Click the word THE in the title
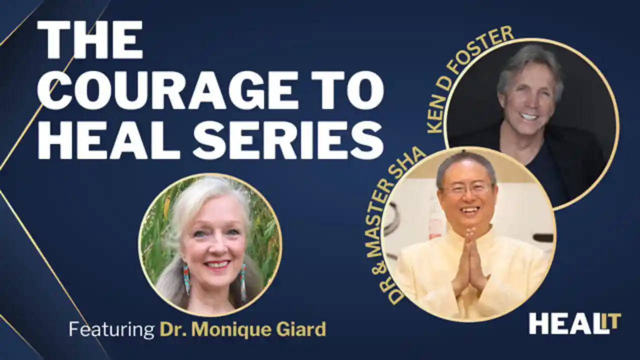[90, 40]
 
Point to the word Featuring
[111, 329]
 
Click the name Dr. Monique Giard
[242, 329]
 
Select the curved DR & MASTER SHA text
[395, 225]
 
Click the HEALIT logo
[574, 323]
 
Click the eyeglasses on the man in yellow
[467, 189]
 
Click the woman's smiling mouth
[216, 264]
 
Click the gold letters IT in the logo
[611, 320]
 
